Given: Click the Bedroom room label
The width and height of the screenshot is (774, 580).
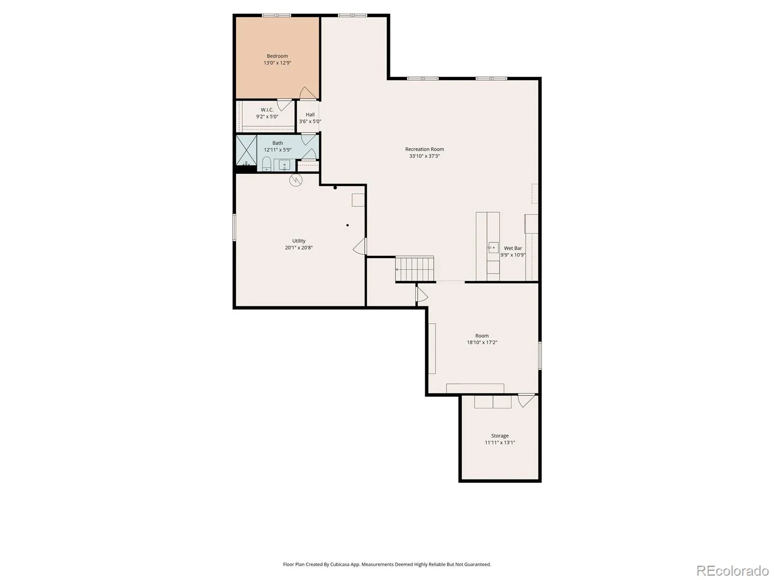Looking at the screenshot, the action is (277, 56).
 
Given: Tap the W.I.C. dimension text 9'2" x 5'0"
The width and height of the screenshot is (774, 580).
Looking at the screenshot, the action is (267, 116).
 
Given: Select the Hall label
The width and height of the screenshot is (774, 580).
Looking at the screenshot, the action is (310, 115).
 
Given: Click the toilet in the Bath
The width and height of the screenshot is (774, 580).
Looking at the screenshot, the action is (267, 164).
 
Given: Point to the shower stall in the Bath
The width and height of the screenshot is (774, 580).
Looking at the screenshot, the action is (246, 150).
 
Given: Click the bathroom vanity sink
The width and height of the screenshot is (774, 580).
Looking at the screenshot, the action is (284, 165).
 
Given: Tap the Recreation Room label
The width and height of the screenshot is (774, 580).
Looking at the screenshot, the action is (424, 149).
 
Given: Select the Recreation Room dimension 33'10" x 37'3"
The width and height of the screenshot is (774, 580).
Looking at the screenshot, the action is (424, 156).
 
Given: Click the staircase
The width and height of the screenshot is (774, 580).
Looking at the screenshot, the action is (414, 269).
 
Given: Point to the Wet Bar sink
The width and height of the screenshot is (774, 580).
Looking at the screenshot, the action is (493, 248).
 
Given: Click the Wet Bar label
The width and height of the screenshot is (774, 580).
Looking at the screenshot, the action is (513, 248).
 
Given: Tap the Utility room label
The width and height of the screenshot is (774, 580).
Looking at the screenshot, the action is (298, 241).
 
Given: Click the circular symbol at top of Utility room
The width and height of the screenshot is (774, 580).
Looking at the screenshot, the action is (296, 180).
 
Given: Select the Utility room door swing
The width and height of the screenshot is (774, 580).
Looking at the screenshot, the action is (360, 246).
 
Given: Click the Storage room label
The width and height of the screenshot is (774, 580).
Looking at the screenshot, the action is (500, 435).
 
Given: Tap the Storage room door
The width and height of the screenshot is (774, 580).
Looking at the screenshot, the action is (526, 401).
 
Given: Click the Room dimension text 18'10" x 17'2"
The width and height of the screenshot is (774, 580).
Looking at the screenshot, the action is (482, 342).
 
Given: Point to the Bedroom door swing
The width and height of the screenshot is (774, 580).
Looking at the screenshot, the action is (308, 93).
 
